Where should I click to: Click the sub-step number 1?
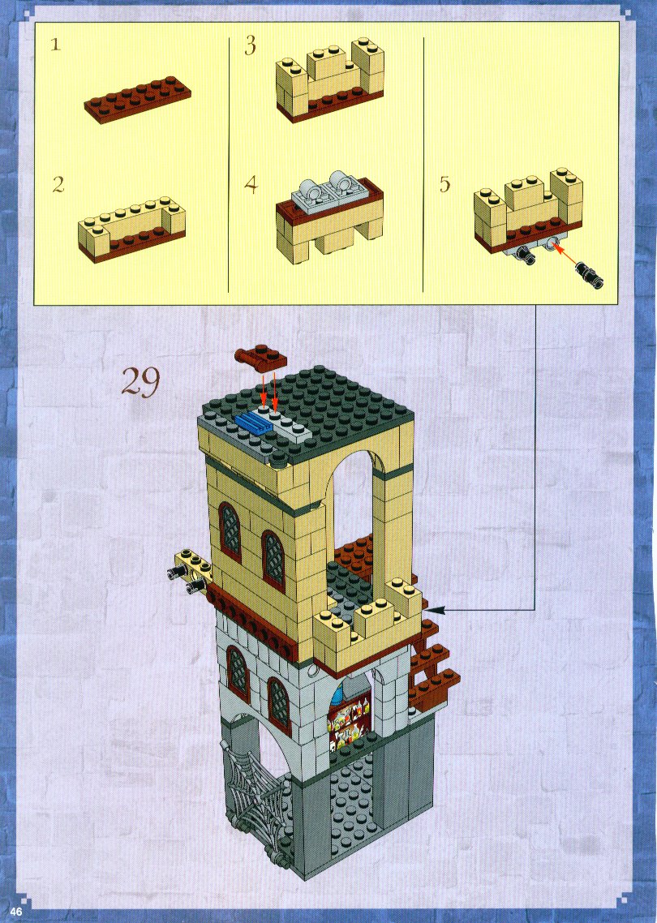tap(55, 45)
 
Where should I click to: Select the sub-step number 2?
tap(58, 185)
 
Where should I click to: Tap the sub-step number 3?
tap(251, 45)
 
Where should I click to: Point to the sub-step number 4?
tap(251, 185)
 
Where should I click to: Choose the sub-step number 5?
tap(444, 184)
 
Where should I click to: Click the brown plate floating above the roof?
tap(260, 358)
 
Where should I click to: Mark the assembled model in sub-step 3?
tap(329, 79)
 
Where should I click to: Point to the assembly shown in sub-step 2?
tap(132, 230)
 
